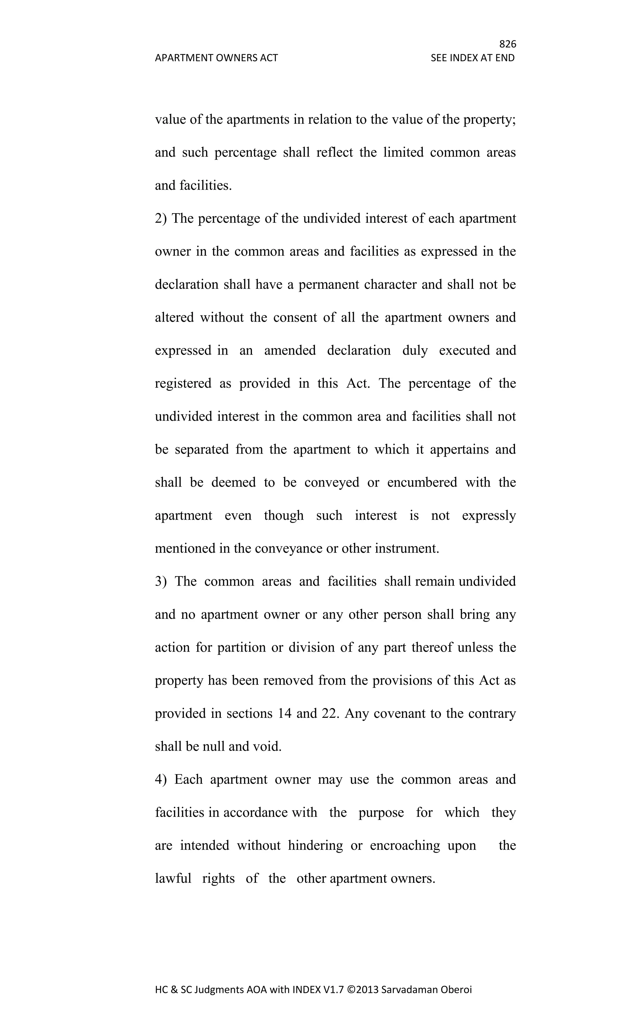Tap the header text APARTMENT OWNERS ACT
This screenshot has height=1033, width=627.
click(216, 58)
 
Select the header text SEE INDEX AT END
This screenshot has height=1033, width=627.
click(472, 58)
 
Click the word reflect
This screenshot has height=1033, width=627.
click(334, 152)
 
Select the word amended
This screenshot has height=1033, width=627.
click(290, 350)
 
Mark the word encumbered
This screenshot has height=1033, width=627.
click(422, 483)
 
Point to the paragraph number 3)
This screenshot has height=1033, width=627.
click(161, 582)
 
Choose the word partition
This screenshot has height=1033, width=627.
click(242, 648)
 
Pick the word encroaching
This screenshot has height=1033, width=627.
click(405, 846)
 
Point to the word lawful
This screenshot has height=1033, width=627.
click(173, 878)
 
